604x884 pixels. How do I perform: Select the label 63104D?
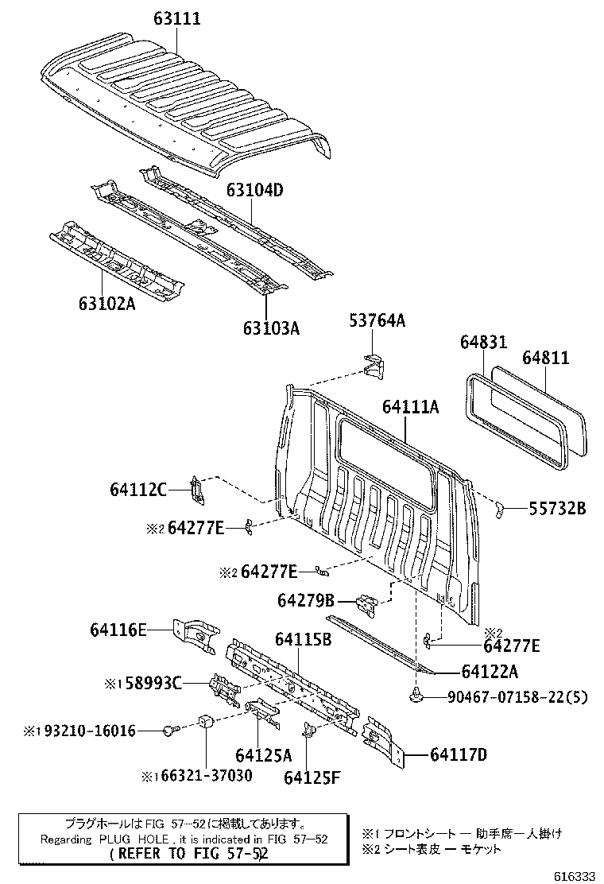tap(254, 191)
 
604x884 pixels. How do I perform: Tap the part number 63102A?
tap(107, 303)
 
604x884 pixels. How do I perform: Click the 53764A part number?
tap(377, 320)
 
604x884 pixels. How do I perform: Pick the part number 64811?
tap(545, 359)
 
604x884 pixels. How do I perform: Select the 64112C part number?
tap(137, 490)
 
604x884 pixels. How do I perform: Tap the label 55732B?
tap(557, 508)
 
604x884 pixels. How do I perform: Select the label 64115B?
tap(303, 638)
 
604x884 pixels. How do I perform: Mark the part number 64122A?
tap(490, 672)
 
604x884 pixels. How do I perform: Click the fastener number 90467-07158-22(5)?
tap(517, 698)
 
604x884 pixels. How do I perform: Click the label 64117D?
tap(459, 754)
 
